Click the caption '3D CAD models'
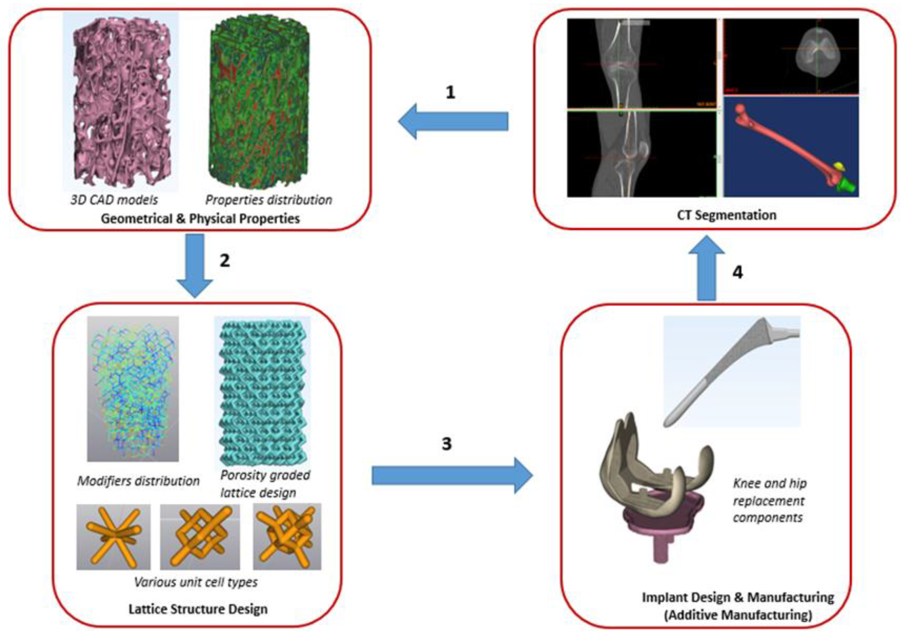click(114, 200)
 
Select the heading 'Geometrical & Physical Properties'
click(200, 218)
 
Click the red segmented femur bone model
click(786, 146)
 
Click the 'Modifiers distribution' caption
click(138, 481)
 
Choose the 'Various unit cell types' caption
click(196, 582)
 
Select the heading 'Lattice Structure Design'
click(198, 609)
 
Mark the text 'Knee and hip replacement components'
click(769, 500)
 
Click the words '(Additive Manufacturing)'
click(738, 615)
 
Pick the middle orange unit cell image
click(200, 536)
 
